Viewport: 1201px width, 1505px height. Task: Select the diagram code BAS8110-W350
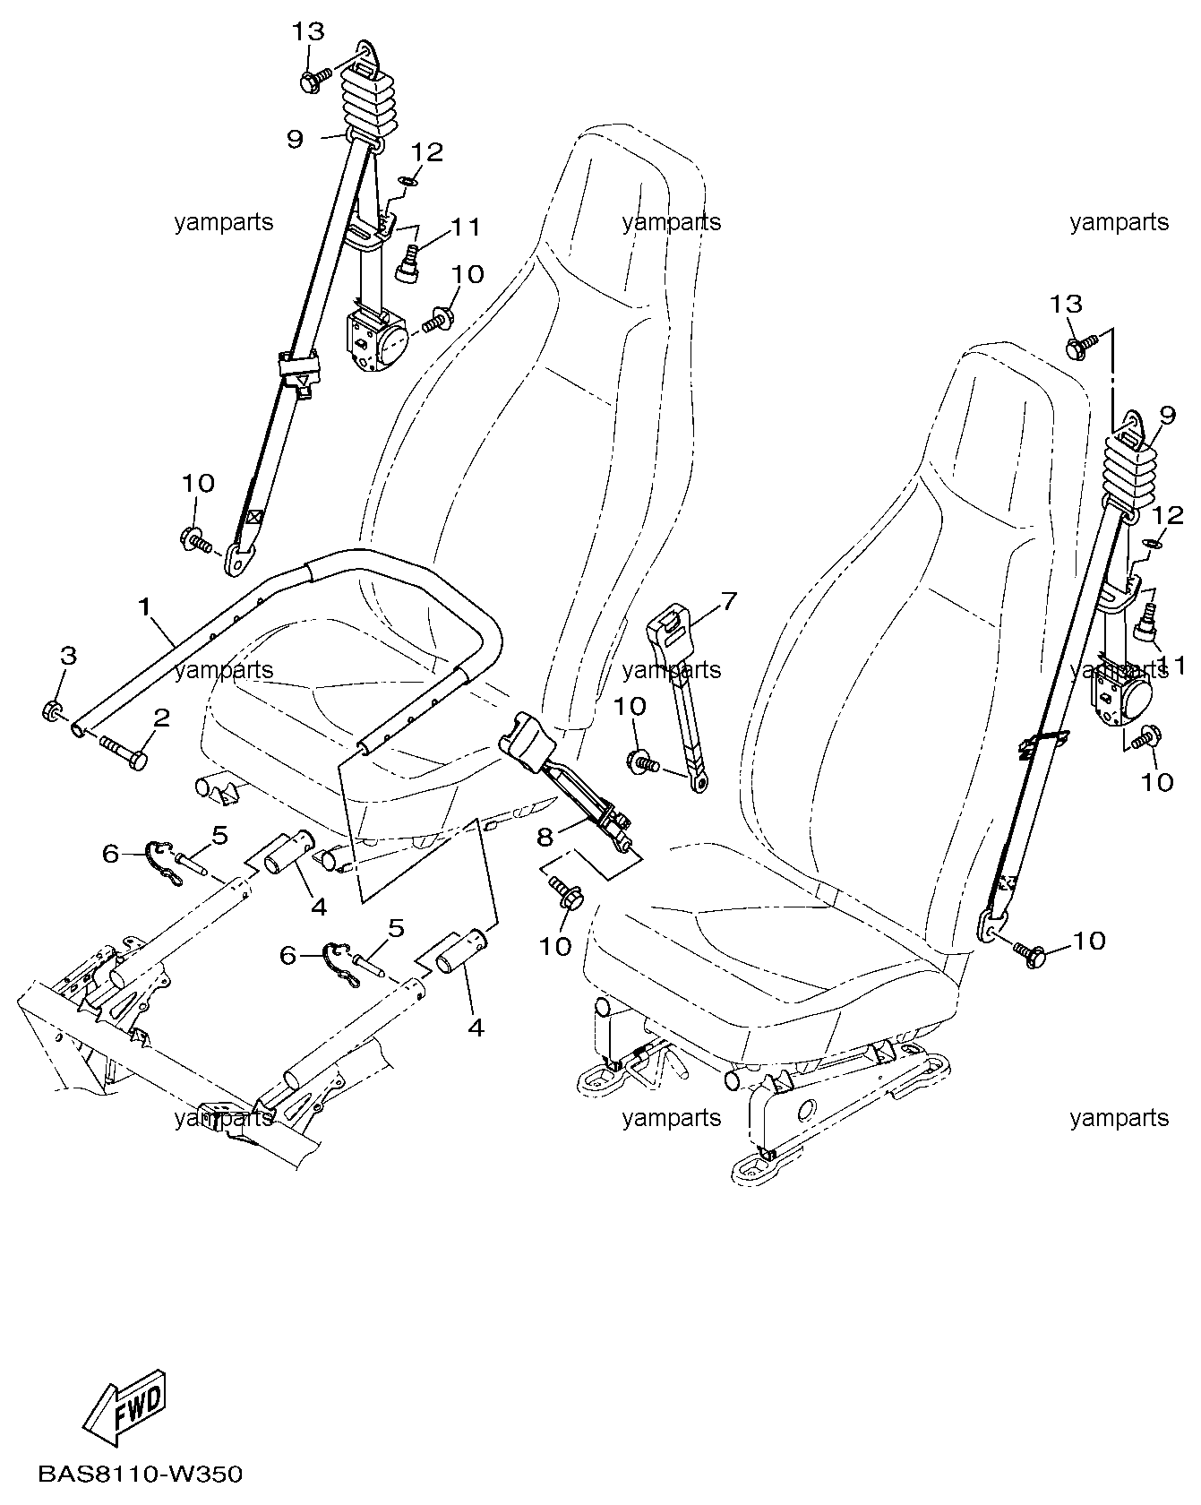tap(140, 1474)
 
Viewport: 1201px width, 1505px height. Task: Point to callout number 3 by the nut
tap(69, 655)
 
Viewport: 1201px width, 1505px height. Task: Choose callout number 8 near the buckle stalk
tap(545, 837)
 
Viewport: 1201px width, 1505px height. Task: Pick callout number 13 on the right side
tap(1066, 305)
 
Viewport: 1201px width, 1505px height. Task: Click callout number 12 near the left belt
tap(427, 152)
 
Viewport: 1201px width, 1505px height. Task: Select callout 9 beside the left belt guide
tap(295, 139)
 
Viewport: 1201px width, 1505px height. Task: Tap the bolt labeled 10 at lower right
tap(1032, 952)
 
